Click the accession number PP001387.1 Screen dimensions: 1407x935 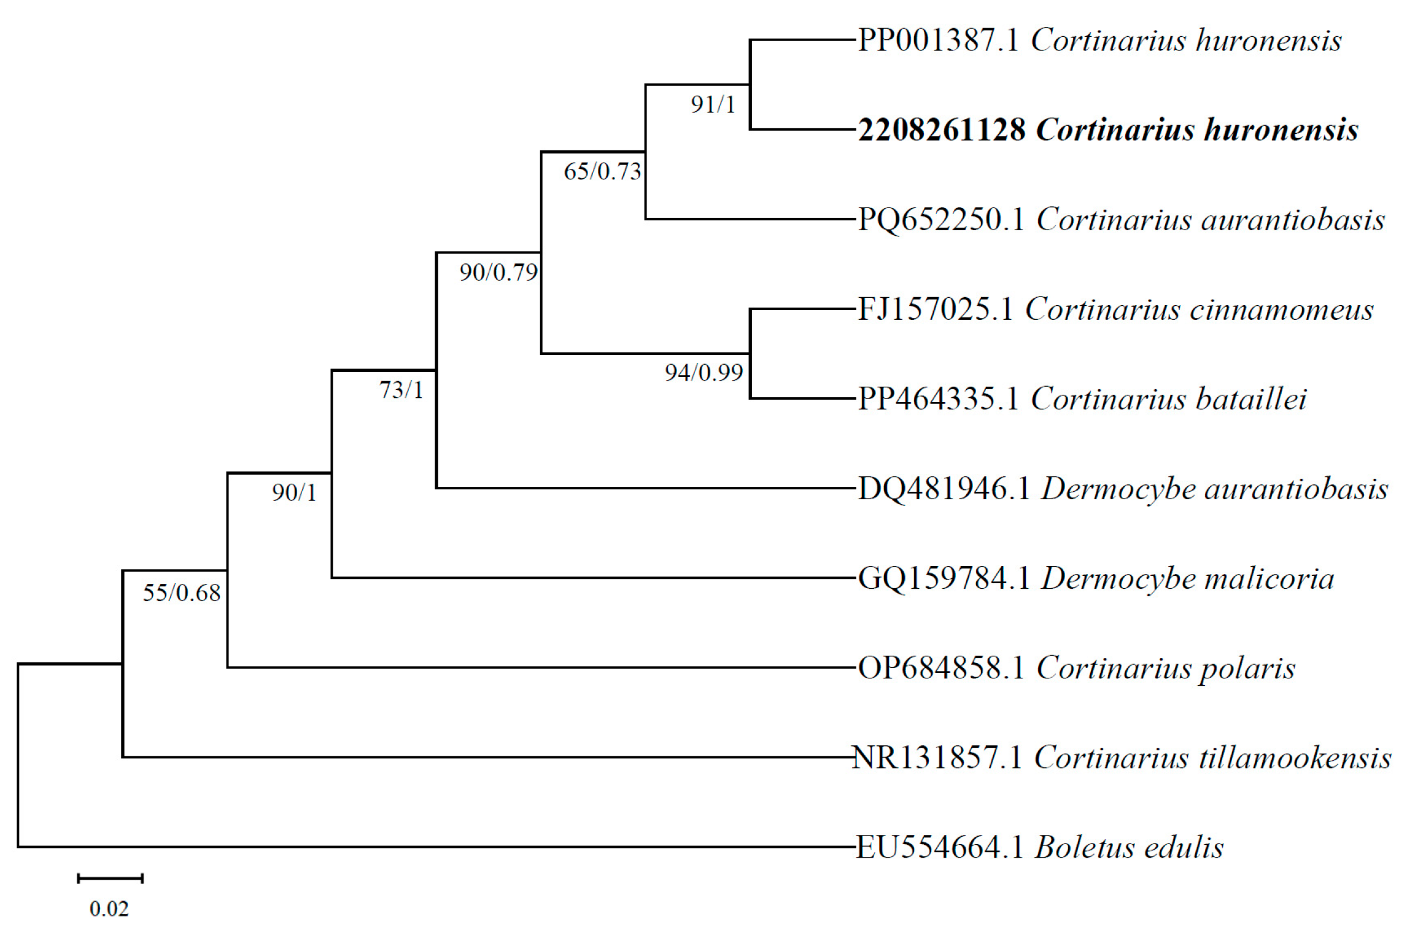click(937, 41)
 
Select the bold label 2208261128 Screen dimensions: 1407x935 click(941, 130)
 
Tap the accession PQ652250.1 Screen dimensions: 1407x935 click(940, 220)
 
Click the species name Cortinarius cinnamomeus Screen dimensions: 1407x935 click(1199, 309)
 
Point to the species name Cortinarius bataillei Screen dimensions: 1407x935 click(1168, 399)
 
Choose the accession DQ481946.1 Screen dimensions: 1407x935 click(943, 489)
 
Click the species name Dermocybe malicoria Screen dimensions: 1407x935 click(1187, 578)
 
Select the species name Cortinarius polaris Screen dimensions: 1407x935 click(1166, 668)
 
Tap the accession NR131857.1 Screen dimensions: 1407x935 click(937, 758)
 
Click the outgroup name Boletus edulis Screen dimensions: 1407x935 click(1129, 848)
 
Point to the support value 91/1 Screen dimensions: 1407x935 click(713, 105)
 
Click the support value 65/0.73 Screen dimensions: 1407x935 click(602, 171)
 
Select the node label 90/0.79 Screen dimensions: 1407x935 click(498, 272)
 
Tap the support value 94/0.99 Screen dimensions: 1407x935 click(703, 373)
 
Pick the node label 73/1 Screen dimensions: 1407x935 click(401, 390)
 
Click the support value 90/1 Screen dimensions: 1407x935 click(294, 492)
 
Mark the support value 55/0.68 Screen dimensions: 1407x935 click(182, 592)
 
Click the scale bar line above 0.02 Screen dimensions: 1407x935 click(110, 879)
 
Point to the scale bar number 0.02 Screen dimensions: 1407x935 click(109, 909)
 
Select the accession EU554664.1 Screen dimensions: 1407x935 click(939, 848)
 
